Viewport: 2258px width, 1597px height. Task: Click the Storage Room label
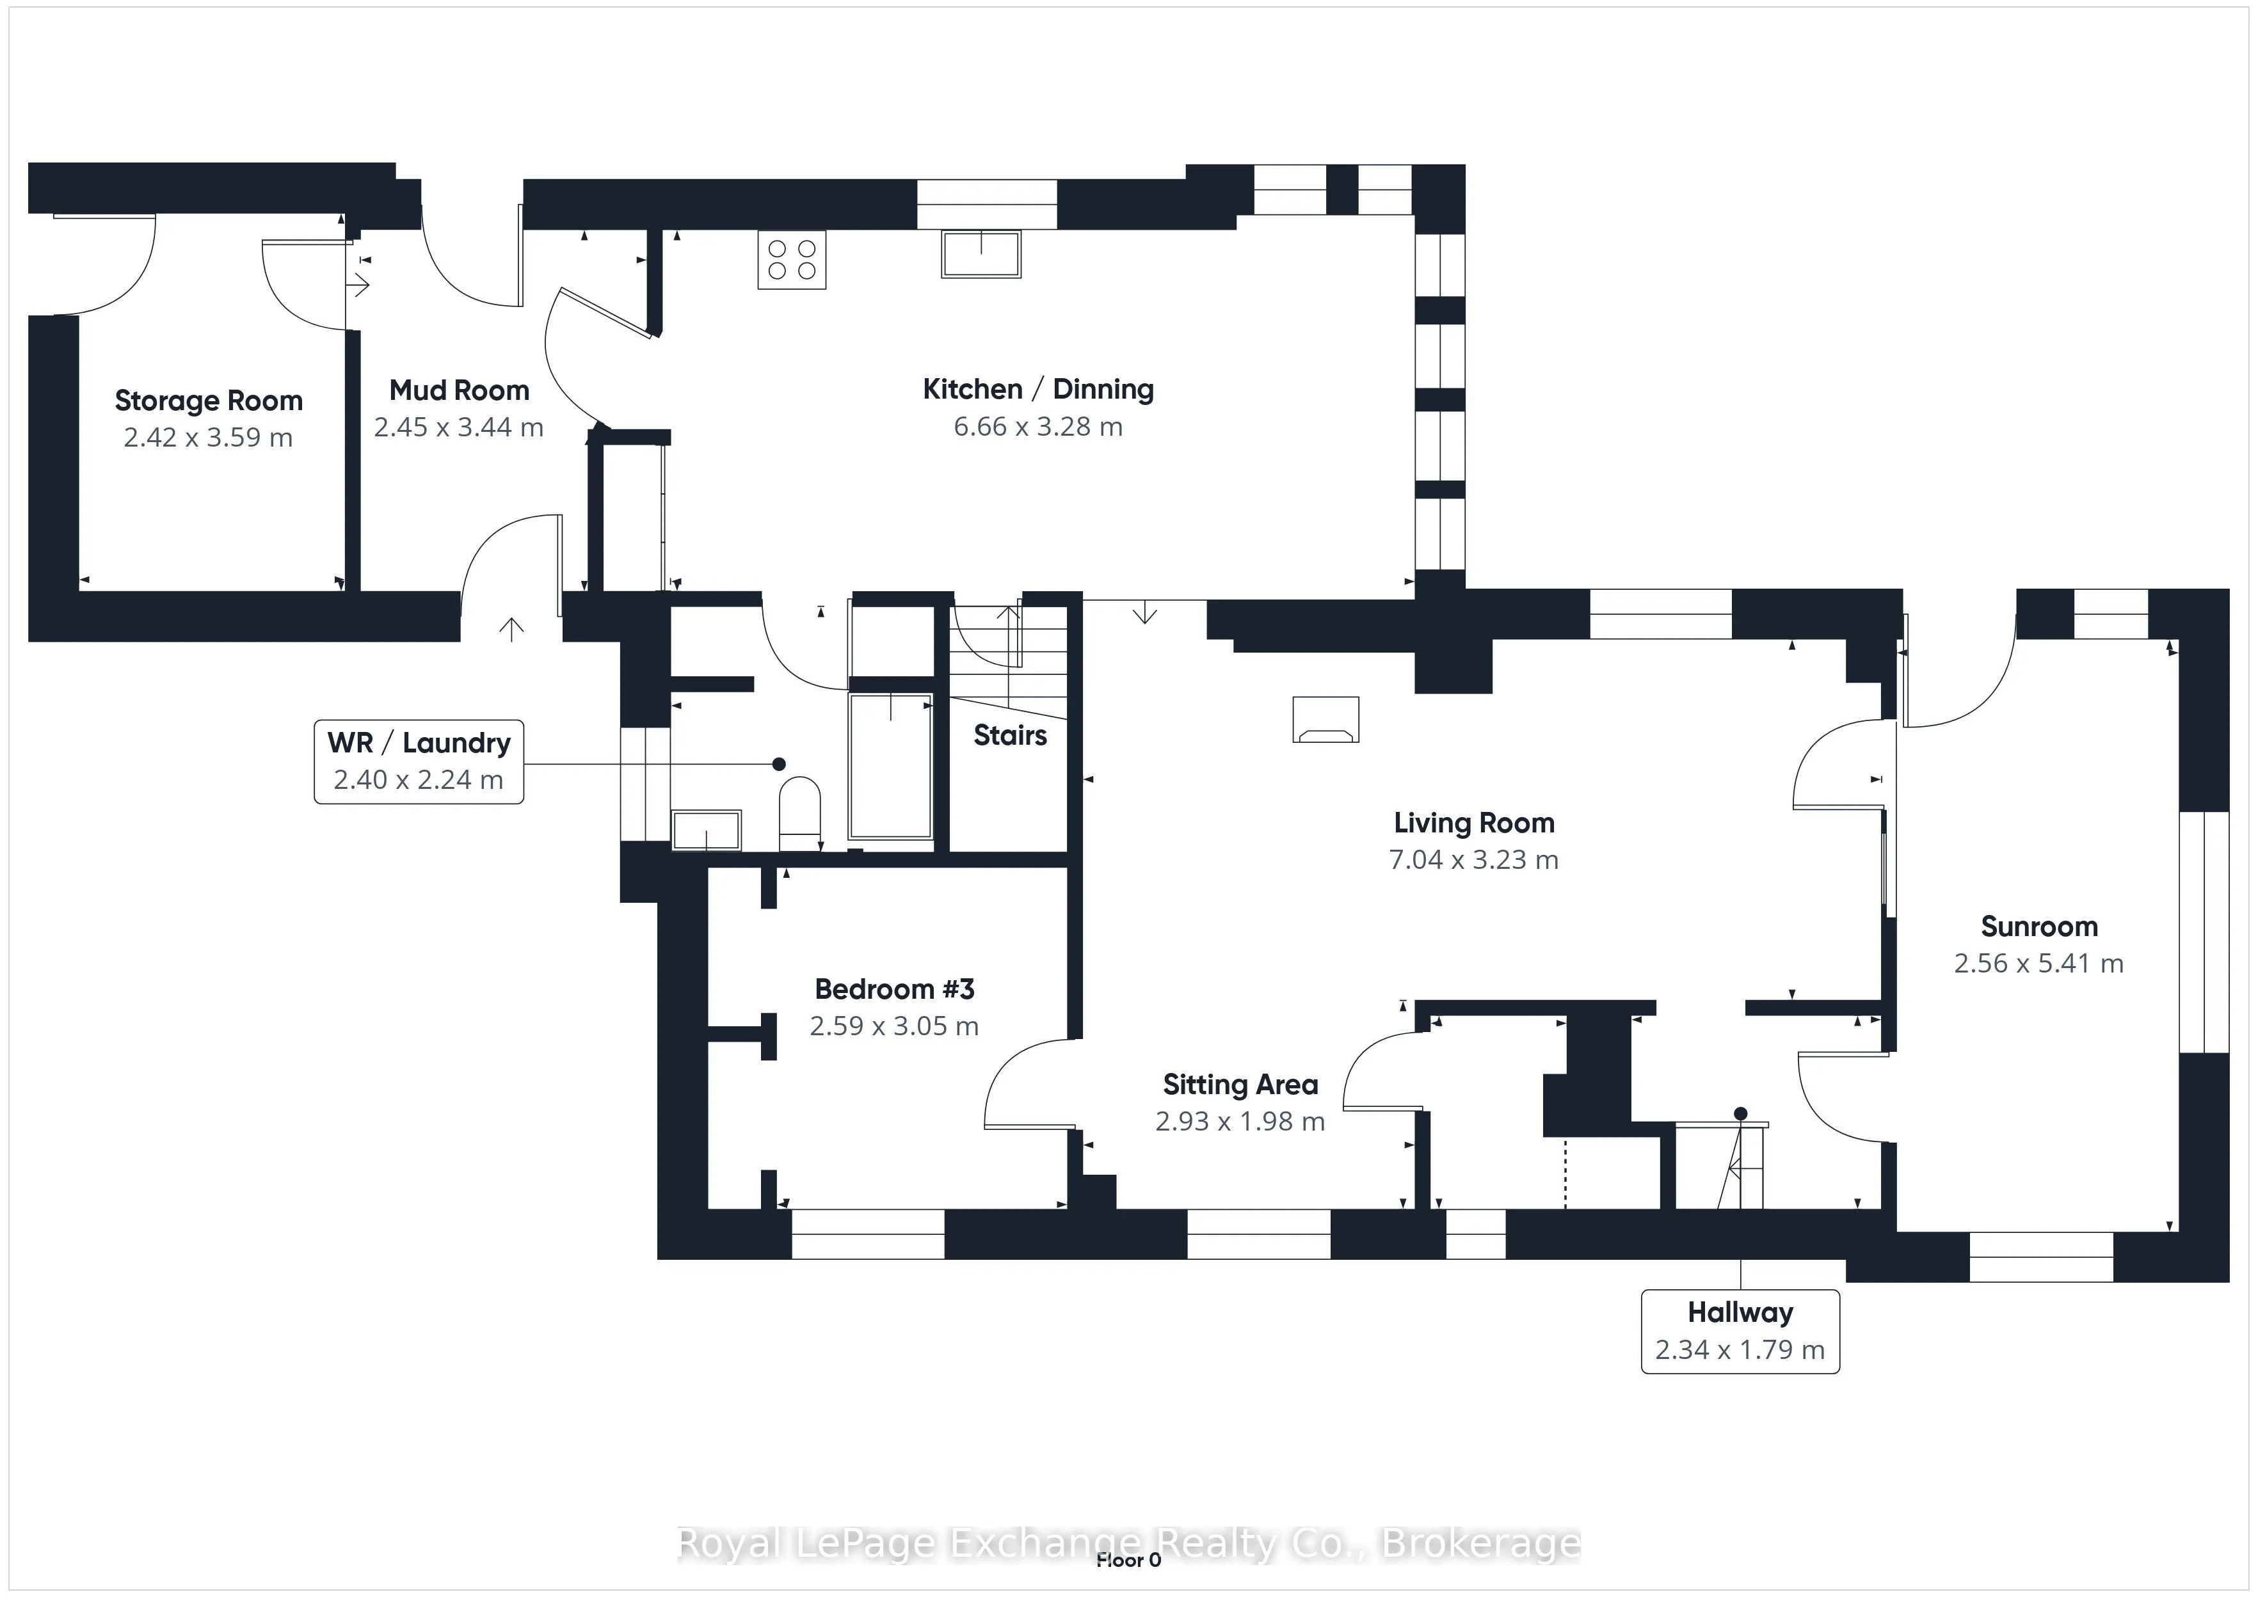click(209, 401)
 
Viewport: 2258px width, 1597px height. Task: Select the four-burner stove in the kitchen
click(792, 260)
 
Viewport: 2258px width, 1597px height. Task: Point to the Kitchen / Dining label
click(1037, 390)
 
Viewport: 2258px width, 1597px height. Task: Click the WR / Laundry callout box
click(419, 761)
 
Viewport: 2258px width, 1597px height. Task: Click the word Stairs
click(1010, 736)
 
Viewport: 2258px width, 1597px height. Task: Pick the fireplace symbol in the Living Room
click(1325, 720)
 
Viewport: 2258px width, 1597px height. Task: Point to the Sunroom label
click(2038, 926)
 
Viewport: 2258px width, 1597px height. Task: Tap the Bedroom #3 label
click(894, 989)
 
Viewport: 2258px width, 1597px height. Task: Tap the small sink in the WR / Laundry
click(706, 829)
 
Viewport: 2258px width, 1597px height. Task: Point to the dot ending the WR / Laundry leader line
click(779, 764)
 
